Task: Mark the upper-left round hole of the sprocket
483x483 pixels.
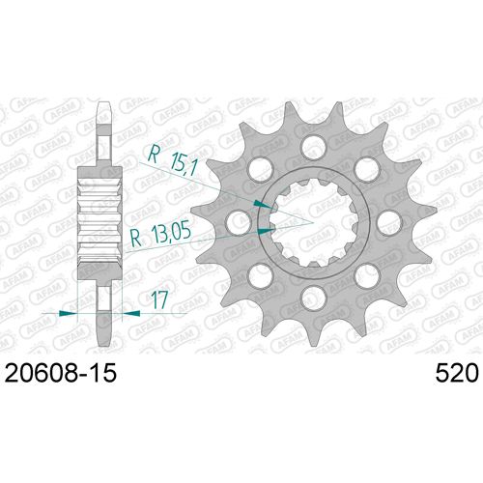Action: (x=258, y=168)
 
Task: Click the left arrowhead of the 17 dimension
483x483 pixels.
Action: (x=67, y=313)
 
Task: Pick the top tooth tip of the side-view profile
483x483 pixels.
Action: (x=100, y=102)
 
